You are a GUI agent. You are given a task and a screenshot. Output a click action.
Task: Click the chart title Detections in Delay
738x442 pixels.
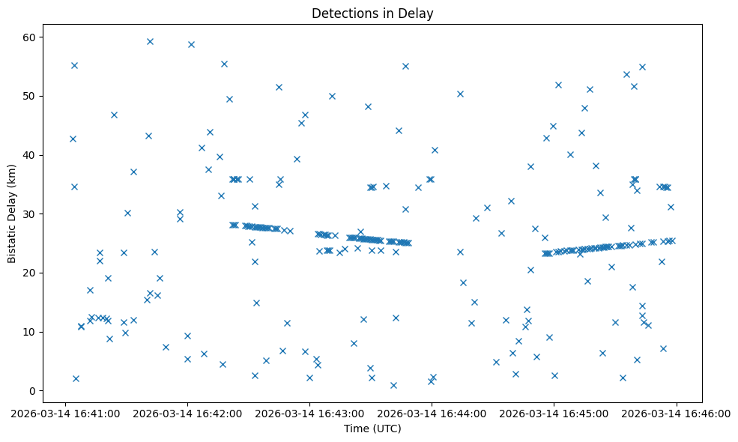click(372, 13)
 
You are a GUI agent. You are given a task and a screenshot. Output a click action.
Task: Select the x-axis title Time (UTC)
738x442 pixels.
click(372, 429)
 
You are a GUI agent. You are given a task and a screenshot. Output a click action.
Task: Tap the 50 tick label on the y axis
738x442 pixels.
click(34, 96)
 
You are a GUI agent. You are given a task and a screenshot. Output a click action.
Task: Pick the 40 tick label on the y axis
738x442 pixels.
click(34, 155)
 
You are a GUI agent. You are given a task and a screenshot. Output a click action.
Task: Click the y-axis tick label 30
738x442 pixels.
click(34, 214)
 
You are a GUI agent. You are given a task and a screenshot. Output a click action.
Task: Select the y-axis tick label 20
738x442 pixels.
click(34, 273)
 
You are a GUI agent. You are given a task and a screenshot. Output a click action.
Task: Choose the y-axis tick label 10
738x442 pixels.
click(34, 332)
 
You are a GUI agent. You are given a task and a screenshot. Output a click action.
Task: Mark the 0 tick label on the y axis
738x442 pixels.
click(37, 391)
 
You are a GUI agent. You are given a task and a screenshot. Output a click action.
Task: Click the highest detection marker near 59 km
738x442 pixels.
click(150, 41)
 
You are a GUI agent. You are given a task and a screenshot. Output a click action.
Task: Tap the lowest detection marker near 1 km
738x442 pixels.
click(393, 385)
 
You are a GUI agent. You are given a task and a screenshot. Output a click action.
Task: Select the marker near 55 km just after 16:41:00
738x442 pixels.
click(74, 65)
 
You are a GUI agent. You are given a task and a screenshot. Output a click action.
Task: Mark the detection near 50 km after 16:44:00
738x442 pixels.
click(460, 94)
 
